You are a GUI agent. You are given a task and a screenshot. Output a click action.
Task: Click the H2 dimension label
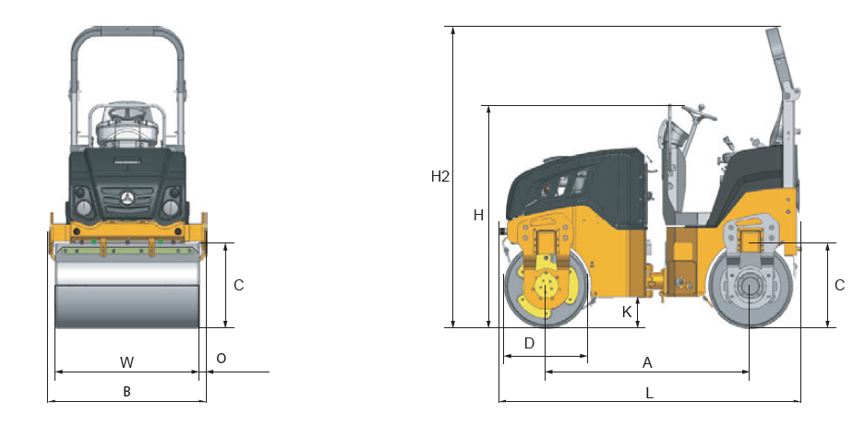pyautogui.click(x=440, y=177)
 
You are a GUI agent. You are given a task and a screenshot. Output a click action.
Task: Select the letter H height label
pyautogui.click(x=478, y=216)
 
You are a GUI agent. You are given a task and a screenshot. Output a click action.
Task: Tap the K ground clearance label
pyautogui.click(x=627, y=312)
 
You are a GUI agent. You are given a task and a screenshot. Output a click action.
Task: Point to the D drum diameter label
pyautogui.click(x=529, y=344)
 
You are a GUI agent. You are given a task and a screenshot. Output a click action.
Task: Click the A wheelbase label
pyautogui.click(x=648, y=362)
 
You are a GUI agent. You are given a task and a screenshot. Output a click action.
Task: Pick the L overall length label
pyautogui.click(x=650, y=393)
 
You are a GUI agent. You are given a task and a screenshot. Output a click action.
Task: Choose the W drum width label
pyautogui.click(x=126, y=362)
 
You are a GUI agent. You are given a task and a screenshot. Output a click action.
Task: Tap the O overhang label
pyautogui.click(x=221, y=359)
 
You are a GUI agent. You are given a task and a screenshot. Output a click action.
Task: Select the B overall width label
pyautogui.click(x=126, y=392)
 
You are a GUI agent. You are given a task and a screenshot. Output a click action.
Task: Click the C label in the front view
pyautogui.click(x=238, y=285)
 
